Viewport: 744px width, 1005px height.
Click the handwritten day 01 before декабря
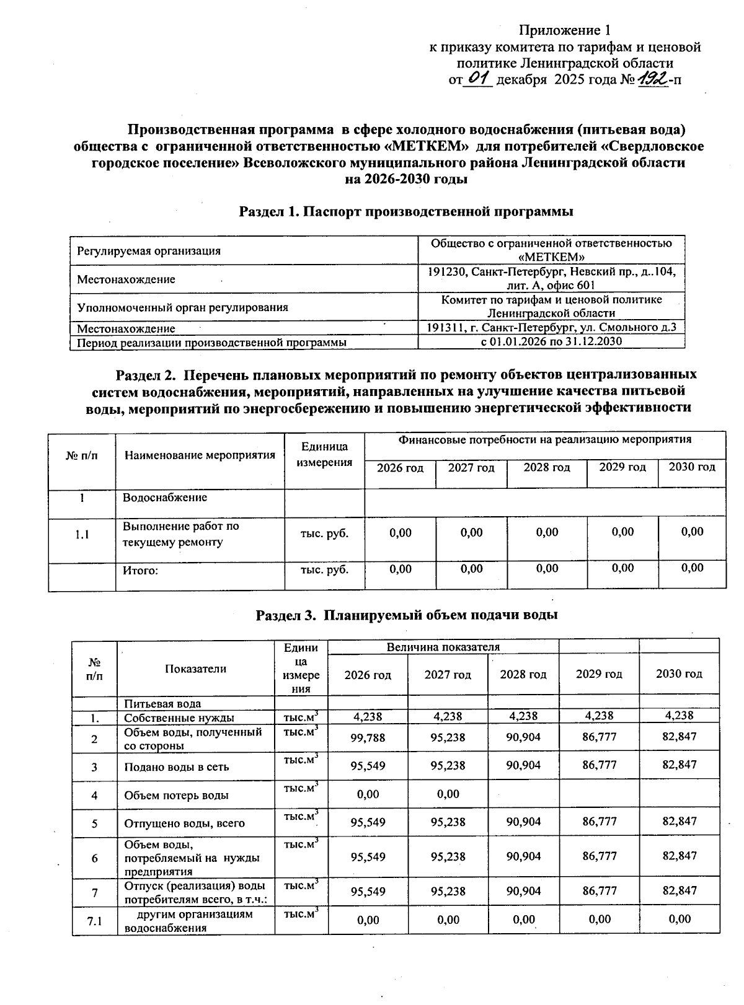478,79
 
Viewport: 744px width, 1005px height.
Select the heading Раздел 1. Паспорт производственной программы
406,211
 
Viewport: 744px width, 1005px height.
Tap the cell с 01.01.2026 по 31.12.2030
551,341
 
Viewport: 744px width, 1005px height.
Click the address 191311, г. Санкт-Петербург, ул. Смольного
551,327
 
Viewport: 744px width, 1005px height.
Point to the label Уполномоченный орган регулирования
182,307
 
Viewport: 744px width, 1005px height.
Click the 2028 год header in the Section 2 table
546,468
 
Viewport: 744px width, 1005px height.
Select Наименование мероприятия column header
200,455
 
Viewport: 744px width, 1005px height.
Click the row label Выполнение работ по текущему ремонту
180,534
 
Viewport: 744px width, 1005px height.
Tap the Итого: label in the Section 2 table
141,570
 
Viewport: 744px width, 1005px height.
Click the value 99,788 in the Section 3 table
368,737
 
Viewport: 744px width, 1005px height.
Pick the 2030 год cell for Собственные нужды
679,716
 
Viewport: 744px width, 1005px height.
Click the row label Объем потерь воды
176,796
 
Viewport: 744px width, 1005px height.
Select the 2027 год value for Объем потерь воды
448,794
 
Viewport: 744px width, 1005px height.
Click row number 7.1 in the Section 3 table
94,921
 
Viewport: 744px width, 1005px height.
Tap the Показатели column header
195,669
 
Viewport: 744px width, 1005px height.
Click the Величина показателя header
443,647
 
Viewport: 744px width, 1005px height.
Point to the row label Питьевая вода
162,704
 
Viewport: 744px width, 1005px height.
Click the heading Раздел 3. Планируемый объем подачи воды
407,615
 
